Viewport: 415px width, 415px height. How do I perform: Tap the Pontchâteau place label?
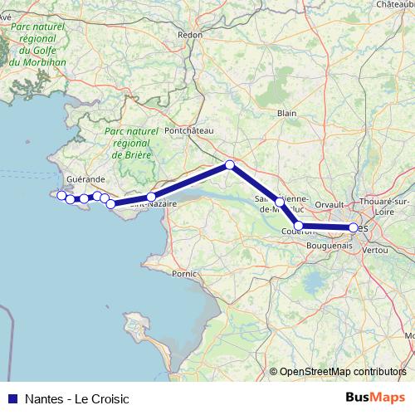coord(189,130)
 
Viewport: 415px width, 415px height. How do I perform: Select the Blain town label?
coord(287,113)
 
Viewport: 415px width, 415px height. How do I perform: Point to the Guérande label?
coord(85,178)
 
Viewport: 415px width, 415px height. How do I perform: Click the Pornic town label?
coord(183,272)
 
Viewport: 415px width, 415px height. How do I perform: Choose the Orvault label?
coord(330,203)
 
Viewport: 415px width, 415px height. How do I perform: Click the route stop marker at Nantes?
coord(354,227)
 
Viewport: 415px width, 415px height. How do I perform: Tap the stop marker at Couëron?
coord(299,226)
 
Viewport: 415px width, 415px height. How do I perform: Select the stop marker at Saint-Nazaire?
coord(151,197)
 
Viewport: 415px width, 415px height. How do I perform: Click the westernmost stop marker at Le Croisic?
coord(61,194)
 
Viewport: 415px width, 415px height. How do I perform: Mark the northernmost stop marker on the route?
coord(230,165)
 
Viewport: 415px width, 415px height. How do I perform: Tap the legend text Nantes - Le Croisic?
coord(77,398)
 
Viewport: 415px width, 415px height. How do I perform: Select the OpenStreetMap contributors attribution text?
coord(338,372)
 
